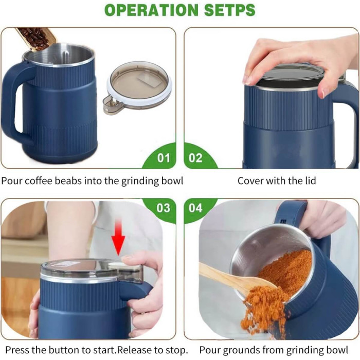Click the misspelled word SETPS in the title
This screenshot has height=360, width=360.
click(226, 10)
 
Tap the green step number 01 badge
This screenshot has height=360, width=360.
click(163, 157)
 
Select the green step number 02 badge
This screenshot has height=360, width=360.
click(196, 157)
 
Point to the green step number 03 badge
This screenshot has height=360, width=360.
click(163, 208)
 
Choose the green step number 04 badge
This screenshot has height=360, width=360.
click(196, 208)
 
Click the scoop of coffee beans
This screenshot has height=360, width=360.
click(36, 38)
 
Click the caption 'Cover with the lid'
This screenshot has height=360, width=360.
click(276, 181)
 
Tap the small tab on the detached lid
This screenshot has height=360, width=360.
click(111, 103)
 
